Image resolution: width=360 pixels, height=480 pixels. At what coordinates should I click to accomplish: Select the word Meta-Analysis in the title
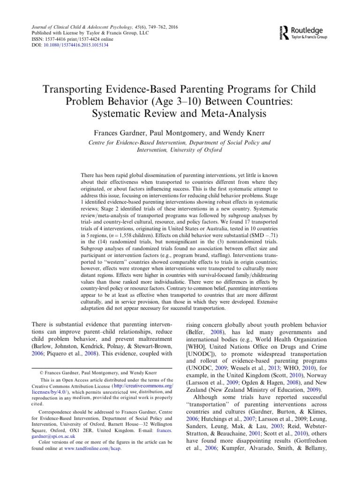point(234,113)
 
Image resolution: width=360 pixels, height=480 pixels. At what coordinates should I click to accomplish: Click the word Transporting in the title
point(83,89)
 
